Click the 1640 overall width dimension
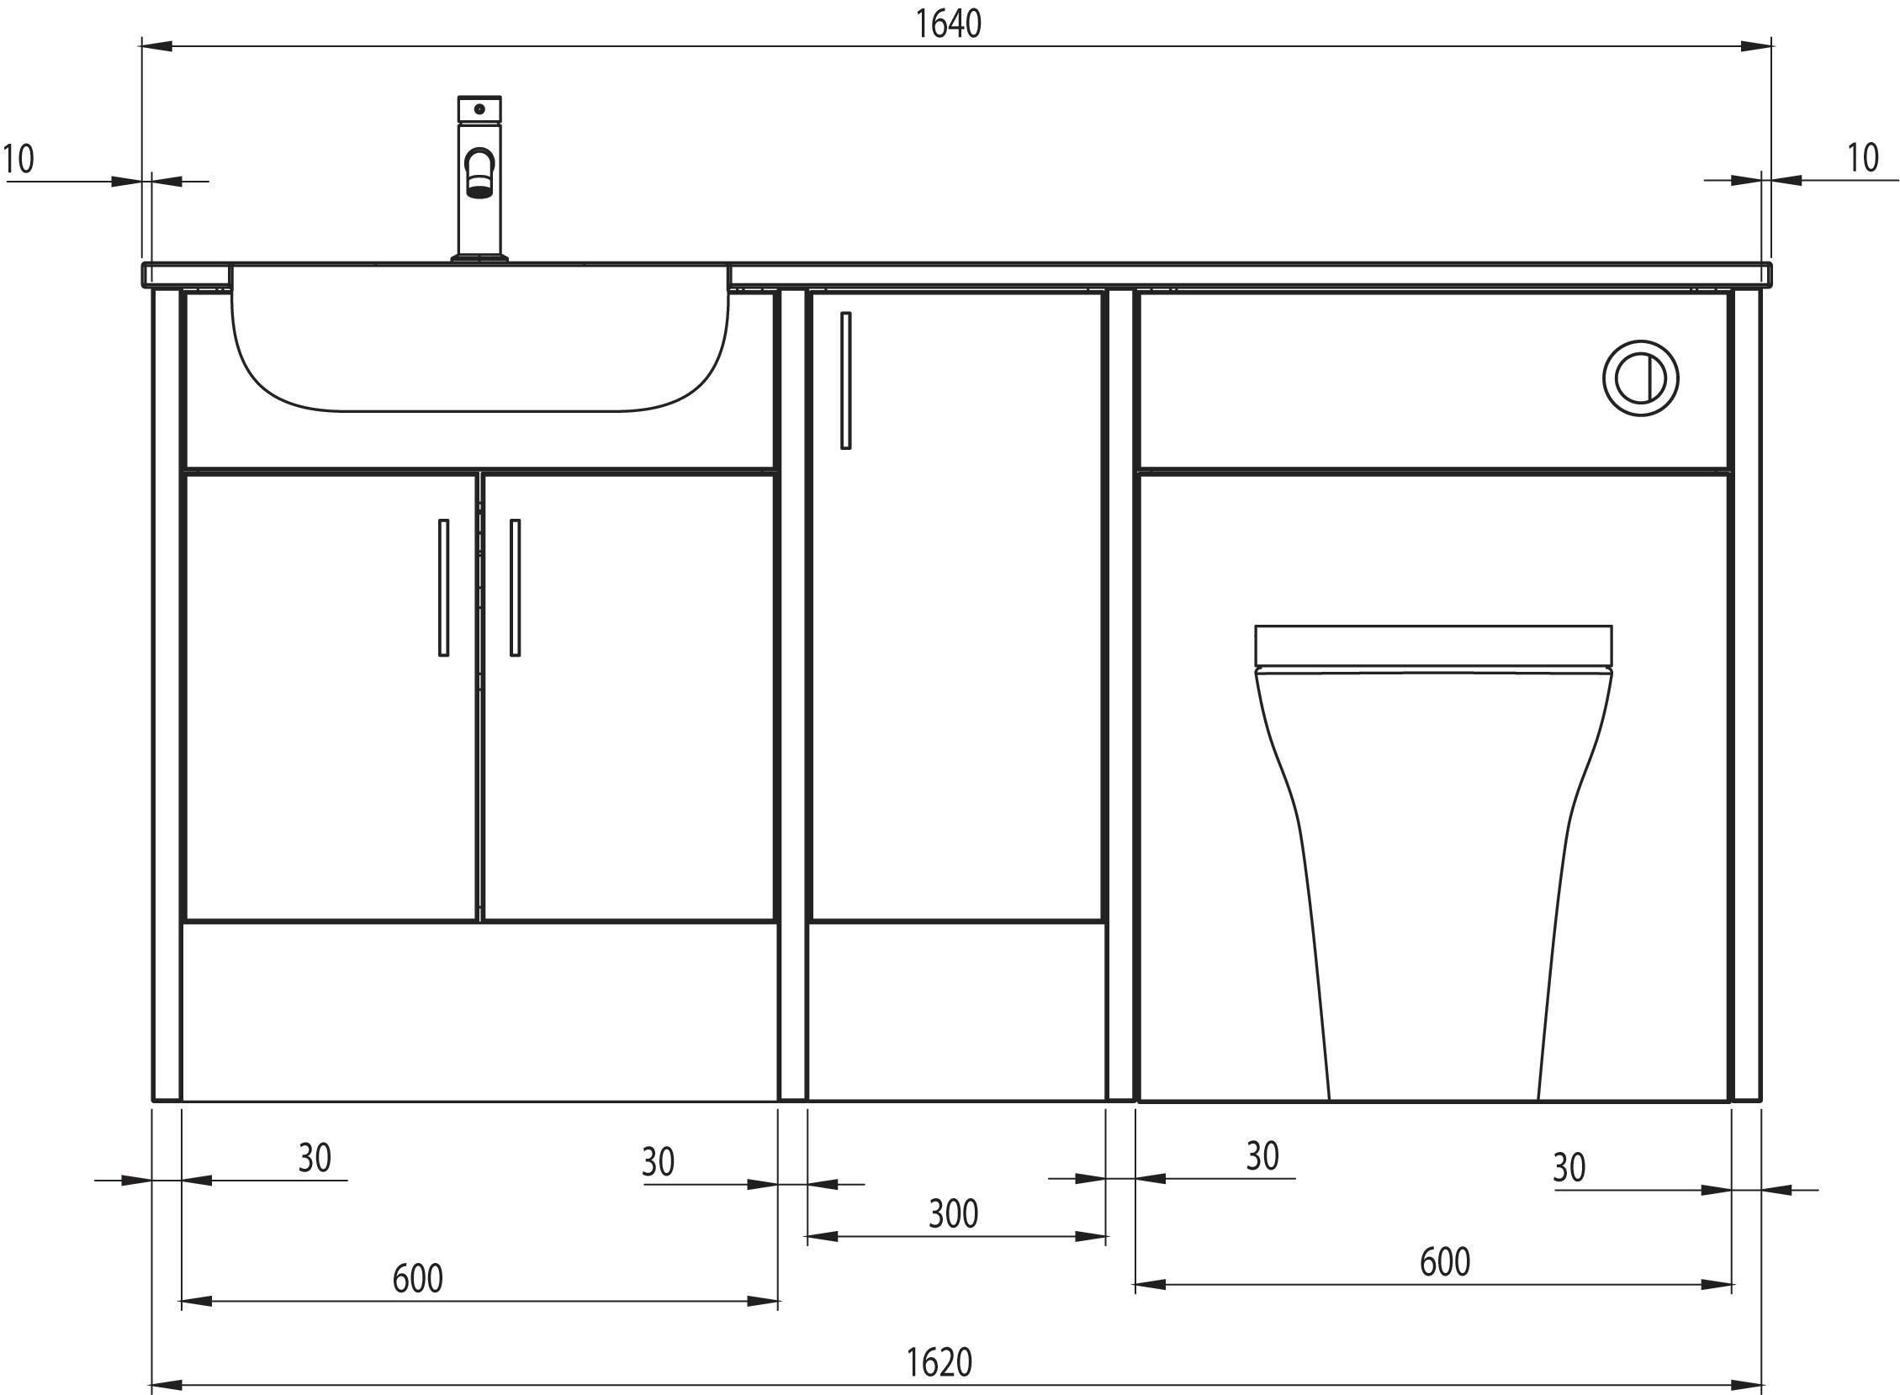pyautogui.click(x=948, y=24)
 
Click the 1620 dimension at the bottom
pyautogui.click(x=939, y=1362)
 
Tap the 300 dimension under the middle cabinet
pyautogui.click(x=954, y=1214)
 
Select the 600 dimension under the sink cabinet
pyautogui.click(x=418, y=1278)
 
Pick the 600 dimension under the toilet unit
pyautogui.click(x=1445, y=1262)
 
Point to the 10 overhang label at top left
pyautogui.click(x=19, y=159)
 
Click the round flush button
pyautogui.click(x=1640, y=378)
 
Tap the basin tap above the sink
pyautogui.click(x=479, y=178)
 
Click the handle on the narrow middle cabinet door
pyautogui.click(x=845, y=380)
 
